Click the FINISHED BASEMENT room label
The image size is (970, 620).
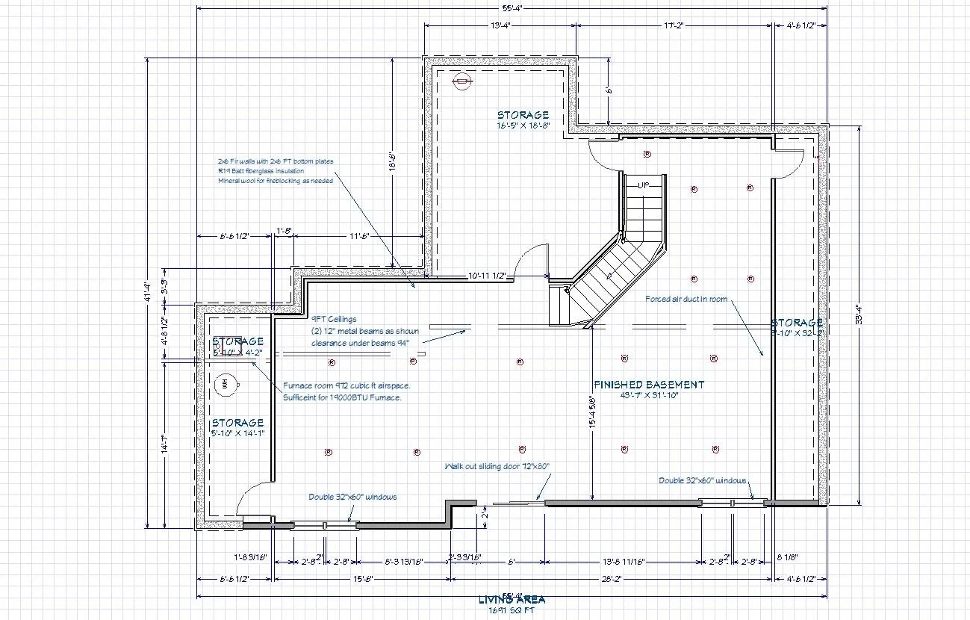[648, 385]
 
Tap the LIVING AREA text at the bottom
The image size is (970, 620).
[512, 599]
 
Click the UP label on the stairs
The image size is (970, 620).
[644, 185]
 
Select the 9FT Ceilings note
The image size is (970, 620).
[334, 319]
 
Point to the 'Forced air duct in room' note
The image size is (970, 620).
[686, 299]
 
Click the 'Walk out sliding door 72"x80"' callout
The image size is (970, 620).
[497, 466]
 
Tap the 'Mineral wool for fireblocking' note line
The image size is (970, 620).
[275, 181]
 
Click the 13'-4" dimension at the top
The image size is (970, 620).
[500, 25]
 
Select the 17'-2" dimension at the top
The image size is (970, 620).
[674, 25]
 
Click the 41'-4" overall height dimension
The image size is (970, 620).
[149, 292]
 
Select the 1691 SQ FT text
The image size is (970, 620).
[512, 610]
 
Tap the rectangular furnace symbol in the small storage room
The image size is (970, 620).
[228, 338]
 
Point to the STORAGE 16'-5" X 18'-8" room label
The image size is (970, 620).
[523, 120]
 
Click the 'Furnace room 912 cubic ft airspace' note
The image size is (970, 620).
[346, 385]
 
